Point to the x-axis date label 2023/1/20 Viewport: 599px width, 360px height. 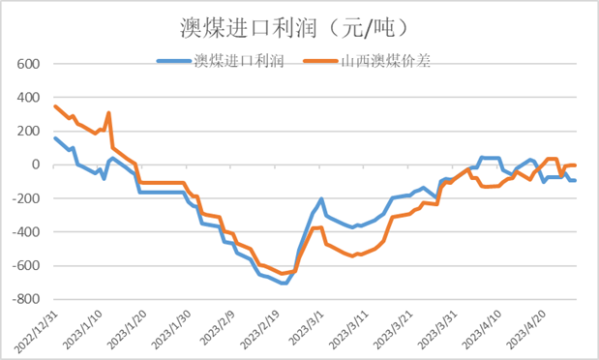[125, 329]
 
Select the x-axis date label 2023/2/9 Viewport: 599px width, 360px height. [214, 329]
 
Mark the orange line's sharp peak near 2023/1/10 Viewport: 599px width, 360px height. [108, 112]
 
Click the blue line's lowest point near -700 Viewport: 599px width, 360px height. [283, 283]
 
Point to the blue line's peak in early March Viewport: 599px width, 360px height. [321, 199]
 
